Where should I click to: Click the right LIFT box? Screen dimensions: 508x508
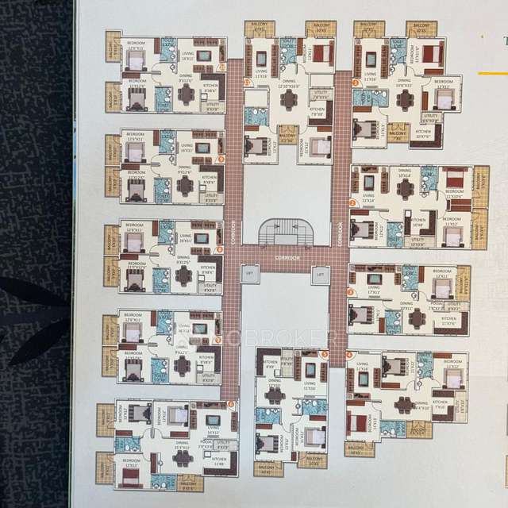coord(321,275)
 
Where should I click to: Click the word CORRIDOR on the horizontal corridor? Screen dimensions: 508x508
coord(284,258)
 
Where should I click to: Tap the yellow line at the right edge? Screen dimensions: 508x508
coord(492,73)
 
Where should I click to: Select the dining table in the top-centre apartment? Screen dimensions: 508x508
coord(290,98)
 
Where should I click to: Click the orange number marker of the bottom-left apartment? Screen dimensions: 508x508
coord(231,404)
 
